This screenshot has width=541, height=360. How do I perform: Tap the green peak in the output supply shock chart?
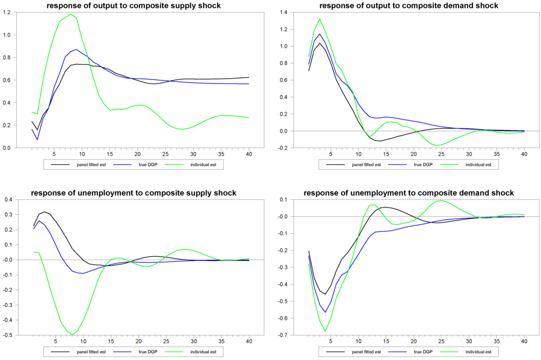(x=70, y=14)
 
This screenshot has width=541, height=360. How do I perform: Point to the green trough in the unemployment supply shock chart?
(x=72, y=335)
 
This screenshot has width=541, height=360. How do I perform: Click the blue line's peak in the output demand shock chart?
(x=320, y=34)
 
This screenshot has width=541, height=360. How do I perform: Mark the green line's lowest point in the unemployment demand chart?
(x=325, y=331)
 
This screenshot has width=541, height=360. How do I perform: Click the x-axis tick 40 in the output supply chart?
(x=249, y=154)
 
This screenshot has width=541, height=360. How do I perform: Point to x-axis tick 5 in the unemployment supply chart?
(x=54, y=341)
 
